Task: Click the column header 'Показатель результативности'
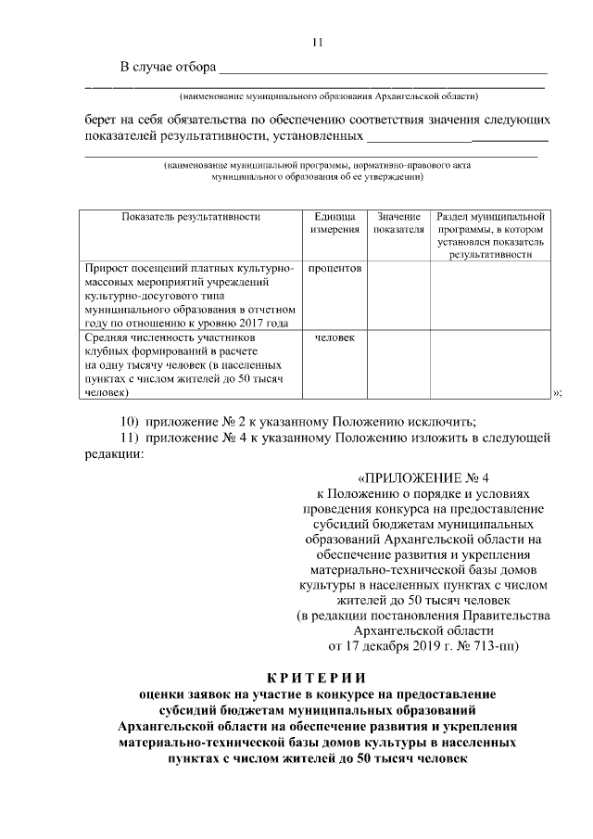click(x=190, y=216)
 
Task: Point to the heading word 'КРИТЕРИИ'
click(x=317, y=676)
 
